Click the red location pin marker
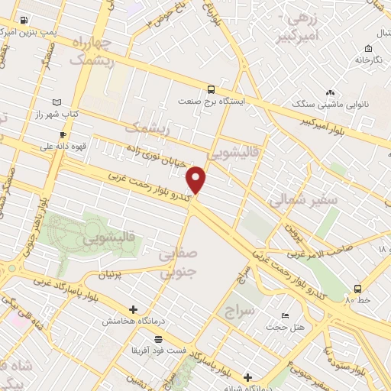click(x=196, y=180)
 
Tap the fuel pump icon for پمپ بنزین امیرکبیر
click(x=26, y=21)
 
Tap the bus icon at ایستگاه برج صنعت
click(x=211, y=89)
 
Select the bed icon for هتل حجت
click(x=284, y=316)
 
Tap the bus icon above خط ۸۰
click(x=357, y=289)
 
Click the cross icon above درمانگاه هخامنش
click(x=134, y=309)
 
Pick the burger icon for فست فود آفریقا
click(x=159, y=338)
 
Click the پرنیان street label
click(x=112, y=273)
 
